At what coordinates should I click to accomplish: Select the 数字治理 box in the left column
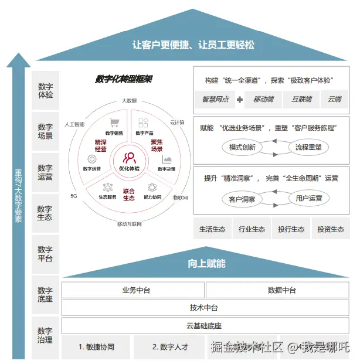(x=46, y=335)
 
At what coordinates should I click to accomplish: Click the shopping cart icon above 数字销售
(x=115, y=123)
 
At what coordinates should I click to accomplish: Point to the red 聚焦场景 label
(x=157, y=145)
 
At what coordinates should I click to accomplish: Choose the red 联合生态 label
(x=130, y=194)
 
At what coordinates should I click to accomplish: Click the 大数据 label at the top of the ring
(x=130, y=101)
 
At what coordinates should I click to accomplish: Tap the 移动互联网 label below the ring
(x=130, y=224)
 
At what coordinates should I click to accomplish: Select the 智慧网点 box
(x=215, y=99)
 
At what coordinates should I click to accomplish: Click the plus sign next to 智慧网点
(x=239, y=100)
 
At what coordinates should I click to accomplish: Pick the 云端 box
(x=335, y=99)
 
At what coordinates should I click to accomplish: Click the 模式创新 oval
(x=242, y=147)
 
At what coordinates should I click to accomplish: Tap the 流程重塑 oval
(x=308, y=147)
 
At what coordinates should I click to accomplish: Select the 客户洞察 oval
(x=242, y=199)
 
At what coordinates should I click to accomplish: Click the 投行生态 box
(x=291, y=229)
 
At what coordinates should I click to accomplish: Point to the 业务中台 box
(x=133, y=290)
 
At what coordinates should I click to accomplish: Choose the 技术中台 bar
(x=203, y=308)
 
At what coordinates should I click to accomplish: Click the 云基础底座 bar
(x=203, y=326)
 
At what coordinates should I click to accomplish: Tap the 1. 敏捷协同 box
(x=96, y=346)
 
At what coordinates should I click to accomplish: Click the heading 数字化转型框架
(x=124, y=79)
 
